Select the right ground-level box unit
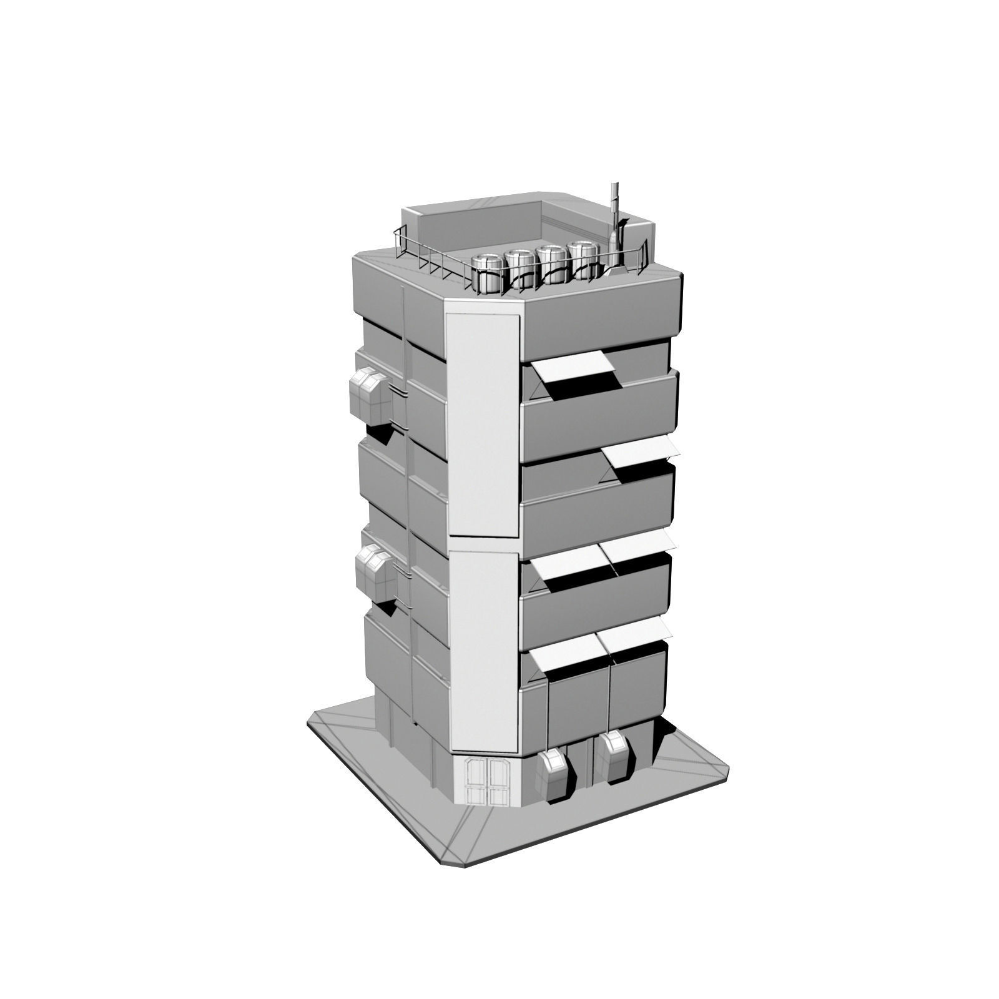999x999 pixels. click(614, 759)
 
